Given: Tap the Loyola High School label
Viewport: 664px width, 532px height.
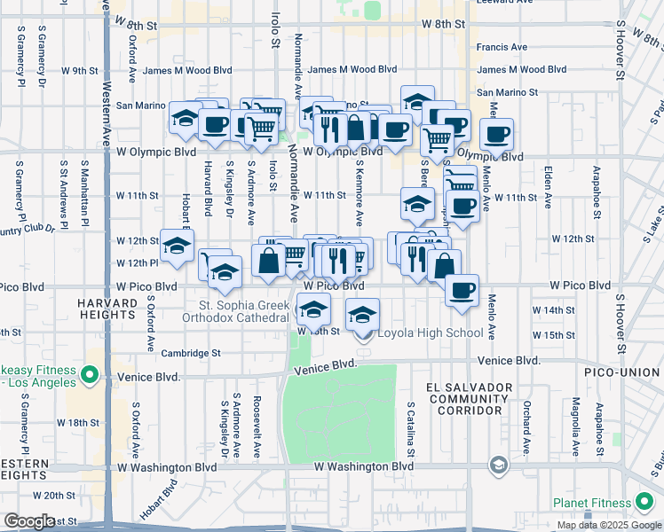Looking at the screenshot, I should pos(431,333).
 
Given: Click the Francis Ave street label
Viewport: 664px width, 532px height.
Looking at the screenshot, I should pos(502,47).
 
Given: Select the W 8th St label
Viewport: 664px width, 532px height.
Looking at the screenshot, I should pos(444,25).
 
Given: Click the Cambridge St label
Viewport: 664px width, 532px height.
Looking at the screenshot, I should pos(191,353).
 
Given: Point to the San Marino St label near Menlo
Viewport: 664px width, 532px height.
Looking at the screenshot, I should pos(507,92).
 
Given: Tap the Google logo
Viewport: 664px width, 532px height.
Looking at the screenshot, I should pos(28,521).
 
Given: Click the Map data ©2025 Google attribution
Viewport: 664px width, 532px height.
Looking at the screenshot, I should pos(609,525).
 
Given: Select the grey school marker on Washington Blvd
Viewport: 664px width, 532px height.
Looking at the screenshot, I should pos(498,465).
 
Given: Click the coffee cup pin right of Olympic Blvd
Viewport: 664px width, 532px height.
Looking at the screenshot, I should pos(496,135).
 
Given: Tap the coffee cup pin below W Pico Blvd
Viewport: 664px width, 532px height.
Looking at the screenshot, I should pos(461,290).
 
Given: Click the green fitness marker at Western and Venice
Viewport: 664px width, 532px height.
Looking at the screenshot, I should pos(89,376).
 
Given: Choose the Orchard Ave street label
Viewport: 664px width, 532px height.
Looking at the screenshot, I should pos(526,426).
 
